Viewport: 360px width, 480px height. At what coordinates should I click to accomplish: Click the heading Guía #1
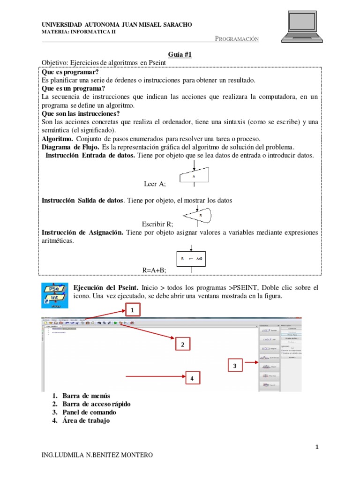click(180, 55)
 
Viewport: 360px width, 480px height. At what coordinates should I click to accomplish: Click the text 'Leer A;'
click(158, 184)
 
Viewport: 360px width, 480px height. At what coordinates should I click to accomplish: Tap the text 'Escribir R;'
click(157, 225)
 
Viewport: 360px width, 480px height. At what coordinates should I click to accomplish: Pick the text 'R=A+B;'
click(154, 270)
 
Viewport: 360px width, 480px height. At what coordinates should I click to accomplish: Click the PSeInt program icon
click(55, 295)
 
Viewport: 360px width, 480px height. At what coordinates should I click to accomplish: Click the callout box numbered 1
click(132, 310)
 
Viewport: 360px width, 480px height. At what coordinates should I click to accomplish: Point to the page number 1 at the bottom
click(317, 447)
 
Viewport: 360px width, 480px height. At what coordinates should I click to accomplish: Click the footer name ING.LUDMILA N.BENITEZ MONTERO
click(97, 455)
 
